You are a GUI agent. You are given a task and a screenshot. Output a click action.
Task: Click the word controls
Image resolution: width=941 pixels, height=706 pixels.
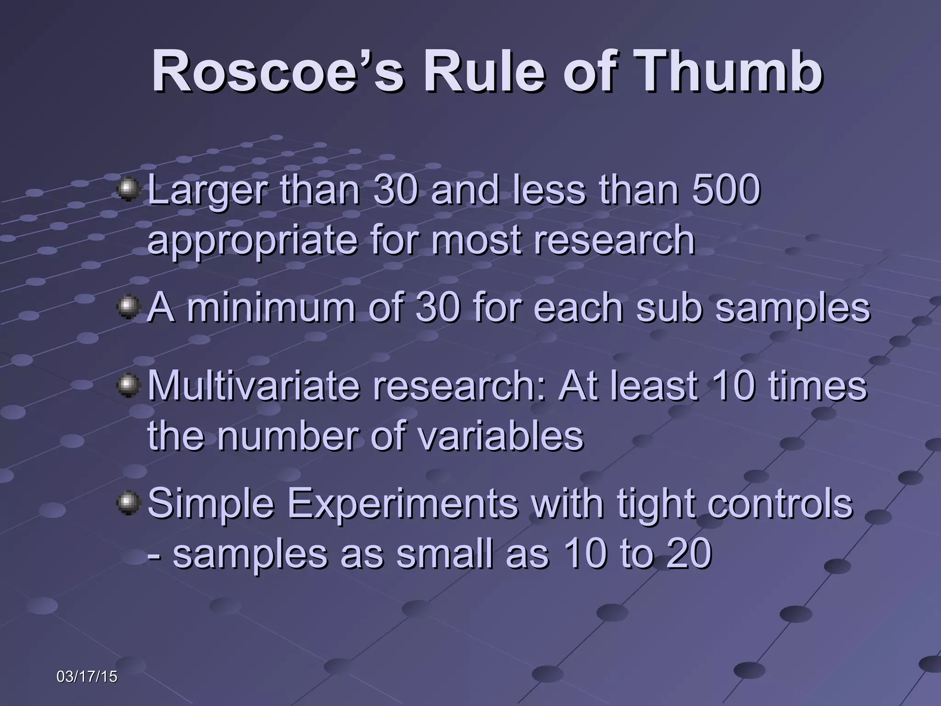(779, 504)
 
